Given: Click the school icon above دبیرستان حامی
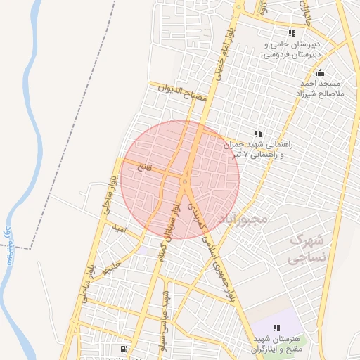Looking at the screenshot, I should pos(292,33).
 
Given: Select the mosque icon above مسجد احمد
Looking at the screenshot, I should pos(321,72).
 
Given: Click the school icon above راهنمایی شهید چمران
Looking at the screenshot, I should pos(259,134).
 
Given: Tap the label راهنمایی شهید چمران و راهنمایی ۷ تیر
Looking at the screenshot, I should pos(256,148).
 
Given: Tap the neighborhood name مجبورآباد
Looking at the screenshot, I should pos(244,219).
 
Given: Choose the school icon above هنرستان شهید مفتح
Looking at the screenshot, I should pos(276,328).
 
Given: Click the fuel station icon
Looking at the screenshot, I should pos(124,348).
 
